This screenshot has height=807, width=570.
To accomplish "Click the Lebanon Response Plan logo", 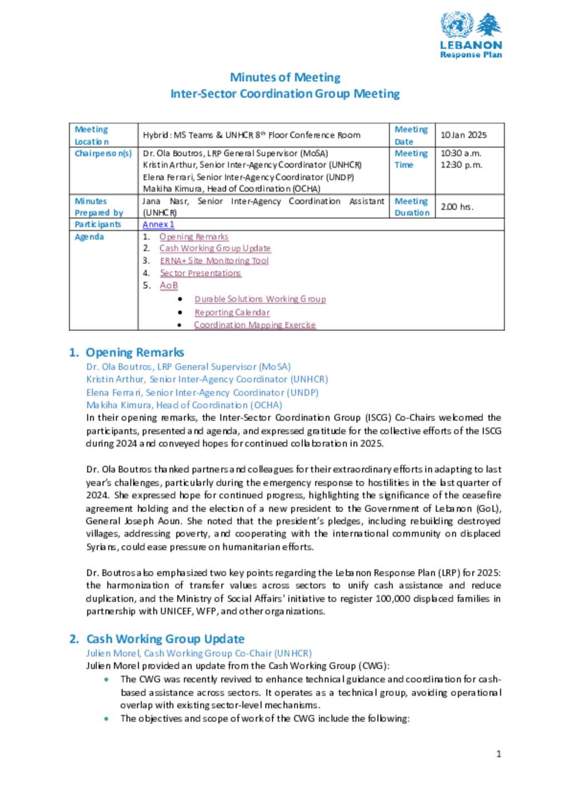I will (x=471, y=35).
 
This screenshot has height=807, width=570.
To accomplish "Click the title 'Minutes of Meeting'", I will (x=285, y=77).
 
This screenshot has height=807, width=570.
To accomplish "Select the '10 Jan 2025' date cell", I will (x=464, y=135).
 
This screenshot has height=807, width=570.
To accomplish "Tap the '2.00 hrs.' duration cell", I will (x=457, y=207).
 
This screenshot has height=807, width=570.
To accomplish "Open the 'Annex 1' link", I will (x=158, y=224).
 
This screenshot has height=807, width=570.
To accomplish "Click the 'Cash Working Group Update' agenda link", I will (x=215, y=248).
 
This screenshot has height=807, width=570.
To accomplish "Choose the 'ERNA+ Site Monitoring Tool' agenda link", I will (x=214, y=261).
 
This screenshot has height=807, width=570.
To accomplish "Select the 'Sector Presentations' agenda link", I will (x=200, y=273).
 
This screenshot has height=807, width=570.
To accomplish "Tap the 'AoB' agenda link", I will (x=169, y=286).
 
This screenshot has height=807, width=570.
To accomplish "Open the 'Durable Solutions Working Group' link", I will (x=260, y=299).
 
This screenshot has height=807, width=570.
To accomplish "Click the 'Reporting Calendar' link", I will (x=232, y=312).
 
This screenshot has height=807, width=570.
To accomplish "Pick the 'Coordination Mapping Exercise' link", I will (x=254, y=325).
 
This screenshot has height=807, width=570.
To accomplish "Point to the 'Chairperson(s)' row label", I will (x=104, y=153).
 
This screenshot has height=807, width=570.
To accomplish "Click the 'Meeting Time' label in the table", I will (x=411, y=159).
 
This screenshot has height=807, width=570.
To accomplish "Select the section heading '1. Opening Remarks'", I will (x=127, y=353).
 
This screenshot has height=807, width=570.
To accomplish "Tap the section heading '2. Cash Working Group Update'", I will (x=157, y=639).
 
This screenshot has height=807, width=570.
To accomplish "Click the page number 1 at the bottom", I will (x=499, y=754).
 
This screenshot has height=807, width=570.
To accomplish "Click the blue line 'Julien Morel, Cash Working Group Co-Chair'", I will (x=199, y=653).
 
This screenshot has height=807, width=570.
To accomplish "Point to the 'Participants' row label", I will (x=98, y=224).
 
